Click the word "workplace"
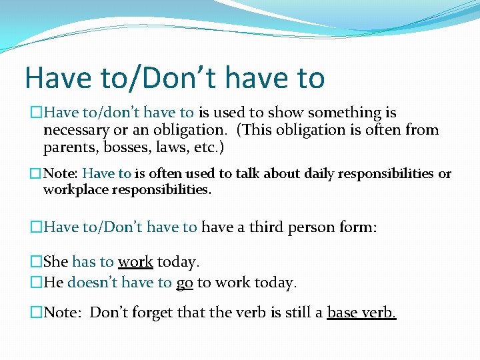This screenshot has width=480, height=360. [73, 189]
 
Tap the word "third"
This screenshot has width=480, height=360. [267, 227]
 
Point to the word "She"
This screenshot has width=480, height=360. [56, 262]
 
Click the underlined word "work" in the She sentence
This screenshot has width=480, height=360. [135, 262]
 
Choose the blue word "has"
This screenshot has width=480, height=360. [84, 262]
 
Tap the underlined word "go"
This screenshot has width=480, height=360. [185, 283]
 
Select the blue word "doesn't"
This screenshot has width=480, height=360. [93, 282]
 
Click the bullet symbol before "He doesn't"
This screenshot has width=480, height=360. [37, 283]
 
